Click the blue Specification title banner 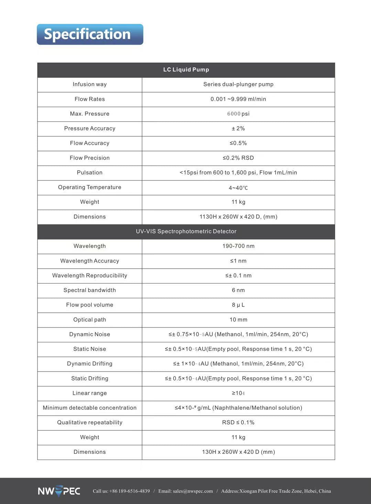[90, 34]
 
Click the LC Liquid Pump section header [186, 70]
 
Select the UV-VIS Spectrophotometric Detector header [186, 232]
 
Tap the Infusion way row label [89, 85]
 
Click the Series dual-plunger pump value [238, 85]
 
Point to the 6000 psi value [238, 114]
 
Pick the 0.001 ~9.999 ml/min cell [238, 99]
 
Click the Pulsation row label [89, 173]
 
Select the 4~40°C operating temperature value [238, 188]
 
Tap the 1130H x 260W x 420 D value [238, 217]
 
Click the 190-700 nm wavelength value [238, 246]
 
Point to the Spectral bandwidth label [89, 290]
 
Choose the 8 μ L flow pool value [238, 305]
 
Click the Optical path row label [89, 320]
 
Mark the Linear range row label [89, 393]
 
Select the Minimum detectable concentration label [89, 408]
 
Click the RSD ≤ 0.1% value [238, 423]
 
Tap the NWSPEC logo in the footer [59, 491]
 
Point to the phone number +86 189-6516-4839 [129, 491]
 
